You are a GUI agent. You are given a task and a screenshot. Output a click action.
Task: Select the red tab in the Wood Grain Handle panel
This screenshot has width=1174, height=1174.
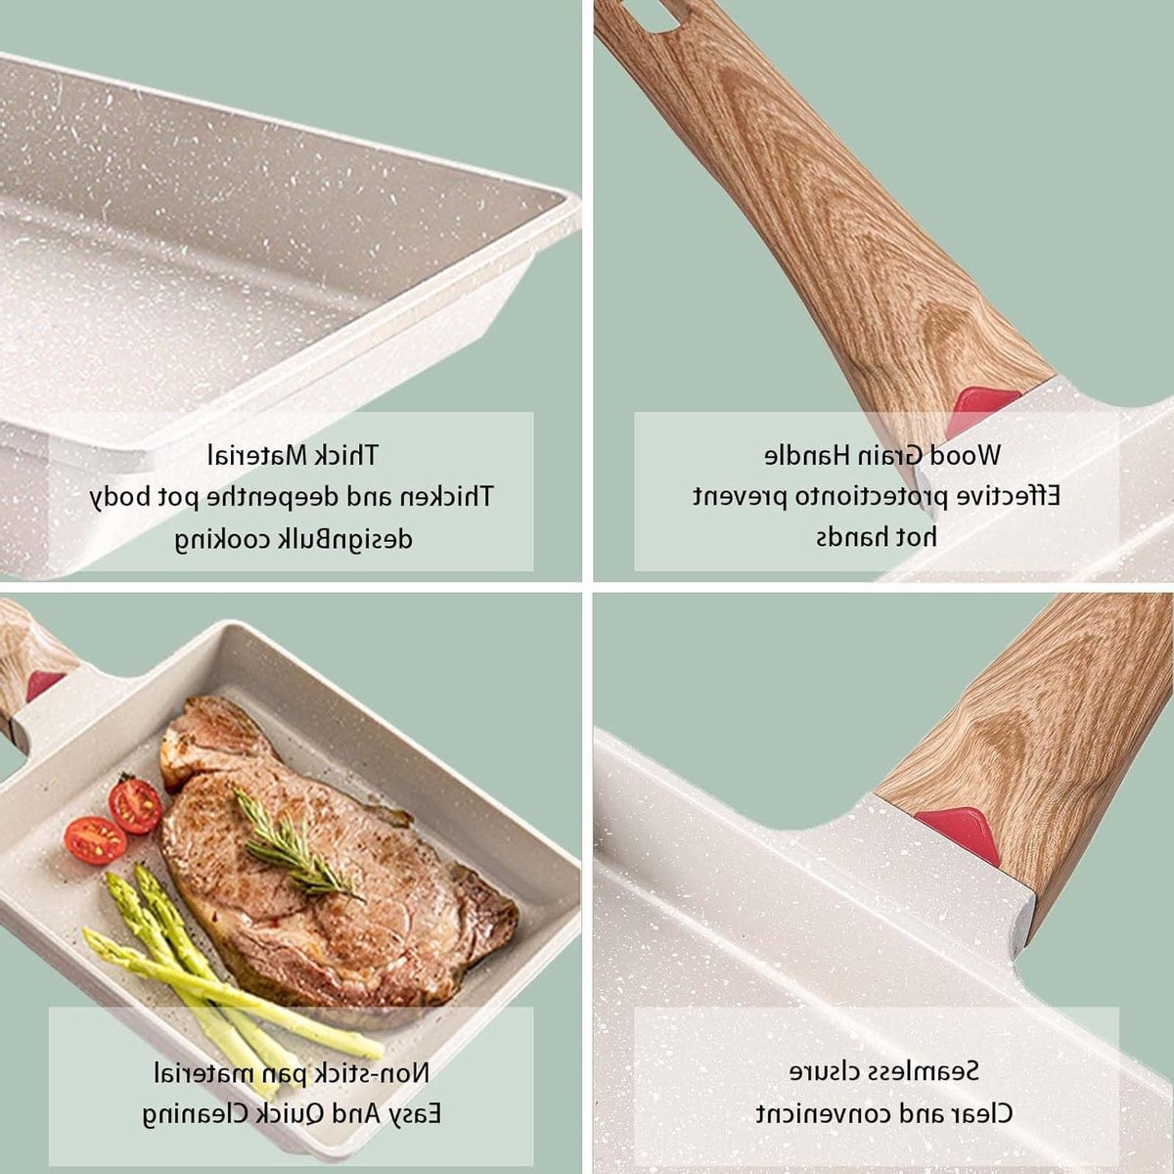coord(981,409)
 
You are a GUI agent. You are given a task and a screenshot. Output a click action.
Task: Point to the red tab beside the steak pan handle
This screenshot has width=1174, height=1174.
coord(44,684)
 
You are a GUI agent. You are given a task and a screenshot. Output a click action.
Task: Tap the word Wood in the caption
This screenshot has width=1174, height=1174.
coord(965,455)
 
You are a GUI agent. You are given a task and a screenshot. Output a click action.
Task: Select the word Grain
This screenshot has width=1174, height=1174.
coord(890,455)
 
